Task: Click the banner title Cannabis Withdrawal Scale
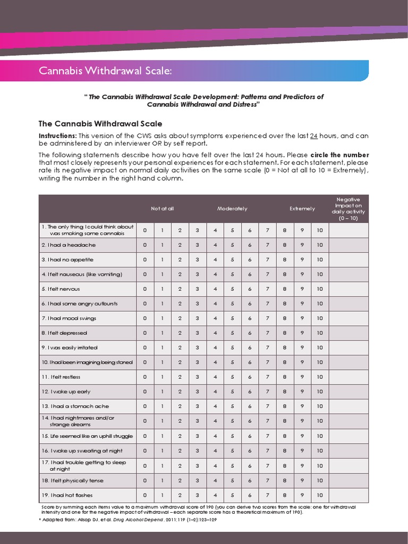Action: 105,71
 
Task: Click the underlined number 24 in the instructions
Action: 313,136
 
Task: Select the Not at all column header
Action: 162,209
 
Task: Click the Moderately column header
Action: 232,209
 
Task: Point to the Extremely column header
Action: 302,209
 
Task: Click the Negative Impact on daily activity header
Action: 348,208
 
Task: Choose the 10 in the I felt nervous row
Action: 319,289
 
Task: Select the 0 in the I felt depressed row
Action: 144,333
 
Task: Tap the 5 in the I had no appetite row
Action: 232,260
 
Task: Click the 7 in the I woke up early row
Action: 267,392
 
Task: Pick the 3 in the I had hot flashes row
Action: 197,495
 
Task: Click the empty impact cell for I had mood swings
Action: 348,318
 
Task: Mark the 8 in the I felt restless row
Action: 285,377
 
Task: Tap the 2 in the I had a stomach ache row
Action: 180,406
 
